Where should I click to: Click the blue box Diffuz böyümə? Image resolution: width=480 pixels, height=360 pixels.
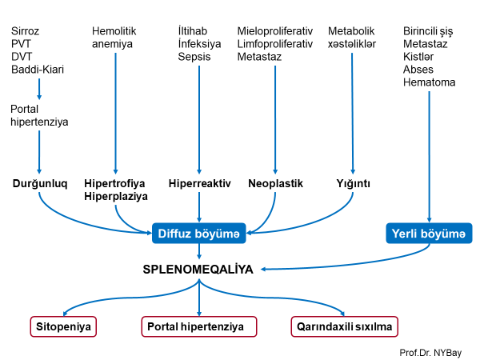coord(199,233)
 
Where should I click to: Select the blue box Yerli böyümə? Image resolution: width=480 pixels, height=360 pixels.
coord(428,233)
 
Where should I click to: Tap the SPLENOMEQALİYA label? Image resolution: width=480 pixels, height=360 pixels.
coord(198,270)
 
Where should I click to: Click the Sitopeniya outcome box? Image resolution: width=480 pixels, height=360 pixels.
coord(63,326)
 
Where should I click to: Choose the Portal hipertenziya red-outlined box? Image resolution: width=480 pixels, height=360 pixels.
coord(198,326)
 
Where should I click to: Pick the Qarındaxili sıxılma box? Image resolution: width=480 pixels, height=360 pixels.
coord(344,326)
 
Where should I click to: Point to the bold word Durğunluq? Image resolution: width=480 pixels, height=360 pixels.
coord(38,183)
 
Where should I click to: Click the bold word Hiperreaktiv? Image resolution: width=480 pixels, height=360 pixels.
coord(199,183)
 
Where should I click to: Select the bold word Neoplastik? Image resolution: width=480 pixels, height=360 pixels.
coord(275,183)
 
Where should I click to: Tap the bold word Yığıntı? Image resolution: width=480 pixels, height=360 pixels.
coord(353,183)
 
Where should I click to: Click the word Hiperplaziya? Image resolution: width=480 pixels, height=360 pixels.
coord(116,195)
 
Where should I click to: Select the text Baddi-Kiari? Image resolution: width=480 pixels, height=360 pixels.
coord(38,70)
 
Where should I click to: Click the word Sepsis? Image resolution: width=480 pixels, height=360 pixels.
coord(194,57)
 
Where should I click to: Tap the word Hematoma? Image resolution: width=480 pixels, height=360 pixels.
coord(430,82)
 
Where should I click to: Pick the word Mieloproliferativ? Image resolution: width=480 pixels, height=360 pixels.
coord(274,31)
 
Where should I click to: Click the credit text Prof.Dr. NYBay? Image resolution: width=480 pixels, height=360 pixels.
coord(436,351)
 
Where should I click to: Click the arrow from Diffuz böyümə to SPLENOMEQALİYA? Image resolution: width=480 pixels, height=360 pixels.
coord(199,251)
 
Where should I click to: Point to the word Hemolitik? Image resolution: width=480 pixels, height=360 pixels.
coord(114,31)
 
